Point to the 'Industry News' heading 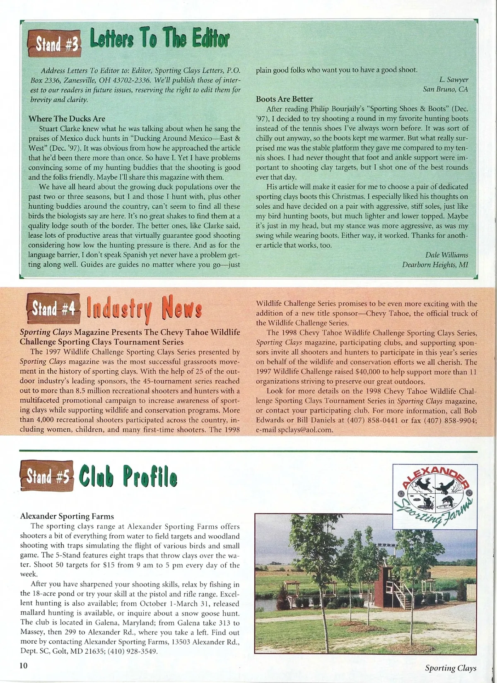(x=144, y=309)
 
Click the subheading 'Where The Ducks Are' (x=67, y=119)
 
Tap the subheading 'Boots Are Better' (x=284, y=99)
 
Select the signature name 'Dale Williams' (x=446, y=255)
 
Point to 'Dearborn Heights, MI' (x=435, y=265)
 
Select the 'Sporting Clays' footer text (x=451, y=668)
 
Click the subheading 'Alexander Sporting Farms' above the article (x=67, y=516)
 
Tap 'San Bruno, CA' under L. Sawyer (x=445, y=89)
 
